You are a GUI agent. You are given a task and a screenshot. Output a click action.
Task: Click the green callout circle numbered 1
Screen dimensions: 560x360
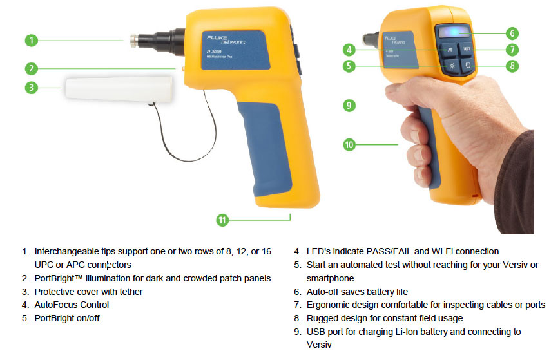point(32,41)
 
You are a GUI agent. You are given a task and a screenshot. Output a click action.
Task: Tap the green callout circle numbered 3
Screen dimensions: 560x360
point(32,88)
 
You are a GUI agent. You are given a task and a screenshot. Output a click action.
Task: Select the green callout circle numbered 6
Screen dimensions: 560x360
point(512,33)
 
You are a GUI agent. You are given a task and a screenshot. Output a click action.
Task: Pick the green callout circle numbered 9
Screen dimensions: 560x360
point(349,106)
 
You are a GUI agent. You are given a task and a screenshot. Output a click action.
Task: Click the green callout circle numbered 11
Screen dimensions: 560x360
point(222,220)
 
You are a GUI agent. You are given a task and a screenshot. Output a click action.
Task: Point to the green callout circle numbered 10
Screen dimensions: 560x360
point(349,145)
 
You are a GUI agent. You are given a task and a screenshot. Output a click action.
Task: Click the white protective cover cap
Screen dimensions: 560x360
point(119,88)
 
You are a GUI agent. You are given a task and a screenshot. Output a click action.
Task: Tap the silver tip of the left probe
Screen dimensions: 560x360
point(134,41)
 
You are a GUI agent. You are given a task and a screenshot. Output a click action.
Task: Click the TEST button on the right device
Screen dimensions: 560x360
point(466,49)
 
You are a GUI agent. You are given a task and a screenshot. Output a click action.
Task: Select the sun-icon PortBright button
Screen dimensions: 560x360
point(452,66)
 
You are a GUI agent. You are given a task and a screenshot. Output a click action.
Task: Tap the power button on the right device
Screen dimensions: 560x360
point(467,65)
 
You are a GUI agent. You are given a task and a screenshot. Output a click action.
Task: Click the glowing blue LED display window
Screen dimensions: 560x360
point(454,32)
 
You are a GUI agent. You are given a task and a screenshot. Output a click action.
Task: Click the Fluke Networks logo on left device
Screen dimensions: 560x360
point(226,39)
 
